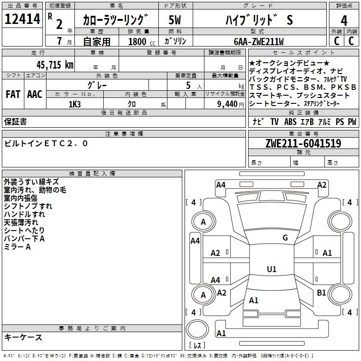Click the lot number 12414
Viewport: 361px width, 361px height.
pyautogui.click(x=23, y=20)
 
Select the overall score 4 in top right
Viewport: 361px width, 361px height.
pyautogui.click(x=344, y=20)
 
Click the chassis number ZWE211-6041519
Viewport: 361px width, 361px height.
pyautogui.click(x=303, y=143)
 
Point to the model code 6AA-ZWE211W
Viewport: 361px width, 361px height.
pyautogui.click(x=259, y=42)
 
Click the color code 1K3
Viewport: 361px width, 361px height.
pyautogui.click(x=74, y=104)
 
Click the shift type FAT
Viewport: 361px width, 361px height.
pyautogui.click(x=13, y=94)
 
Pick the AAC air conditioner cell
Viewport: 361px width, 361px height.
pyautogui.click(x=34, y=94)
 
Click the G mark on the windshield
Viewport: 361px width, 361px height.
pyautogui.click(x=285, y=238)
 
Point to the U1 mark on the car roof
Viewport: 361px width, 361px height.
pyautogui.click(x=272, y=269)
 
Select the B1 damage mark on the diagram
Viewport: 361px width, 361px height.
pyautogui.click(x=321, y=293)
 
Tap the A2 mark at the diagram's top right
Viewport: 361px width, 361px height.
pyautogui.click(x=322, y=185)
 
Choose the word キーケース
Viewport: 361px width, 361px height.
pyautogui.click(x=23, y=337)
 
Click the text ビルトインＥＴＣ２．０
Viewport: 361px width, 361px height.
pyautogui.click(x=46, y=143)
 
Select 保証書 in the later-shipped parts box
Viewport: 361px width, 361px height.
pyautogui.click(x=15, y=121)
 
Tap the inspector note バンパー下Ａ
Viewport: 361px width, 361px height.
pyautogui.click(x=24, y=239)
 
